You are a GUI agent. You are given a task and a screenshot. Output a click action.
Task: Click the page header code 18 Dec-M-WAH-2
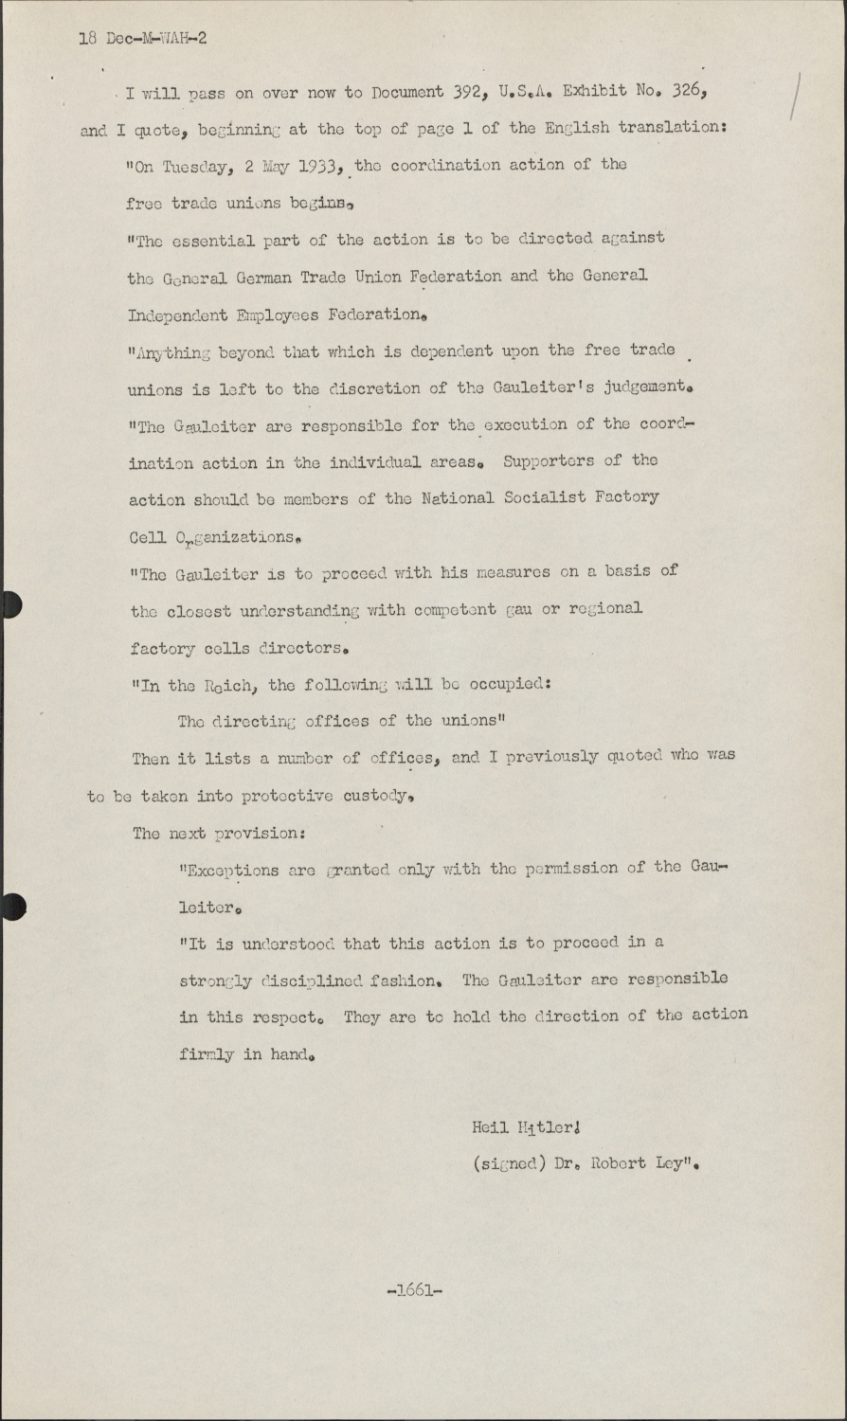click(x=142, y=39)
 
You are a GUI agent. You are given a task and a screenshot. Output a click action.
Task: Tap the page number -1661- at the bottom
click(x=415, y=1289)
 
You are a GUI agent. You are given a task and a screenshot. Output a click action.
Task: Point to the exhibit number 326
click(x=686, y=92)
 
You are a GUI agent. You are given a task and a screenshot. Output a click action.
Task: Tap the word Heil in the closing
click(x=490, y=1127)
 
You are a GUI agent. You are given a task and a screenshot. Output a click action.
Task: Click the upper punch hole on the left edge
click(x=9, y=604)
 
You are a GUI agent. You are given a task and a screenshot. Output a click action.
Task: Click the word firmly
click(x=207, y=1053)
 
